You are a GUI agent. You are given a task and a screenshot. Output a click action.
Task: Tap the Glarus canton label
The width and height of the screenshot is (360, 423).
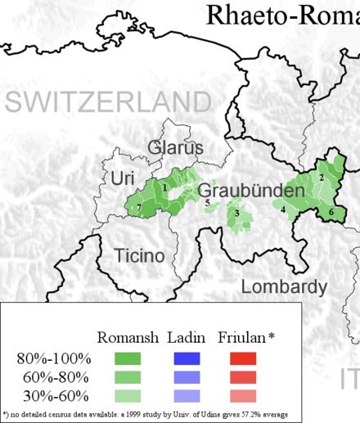tap(175, 148)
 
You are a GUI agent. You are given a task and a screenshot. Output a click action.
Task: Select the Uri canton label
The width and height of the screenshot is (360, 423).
tap(122, 178)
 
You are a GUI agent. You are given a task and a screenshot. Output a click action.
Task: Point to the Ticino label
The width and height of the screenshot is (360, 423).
tap(139, 255)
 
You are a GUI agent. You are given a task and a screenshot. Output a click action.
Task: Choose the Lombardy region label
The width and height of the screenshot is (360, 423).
tap(284, 287)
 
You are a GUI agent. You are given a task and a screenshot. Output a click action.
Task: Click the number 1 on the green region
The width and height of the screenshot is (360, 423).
tap(166, 188)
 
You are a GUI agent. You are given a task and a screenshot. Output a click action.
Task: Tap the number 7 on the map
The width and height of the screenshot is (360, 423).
tap(139, 209)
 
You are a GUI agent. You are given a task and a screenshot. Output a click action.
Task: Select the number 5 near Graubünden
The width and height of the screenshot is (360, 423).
tap(207, 202)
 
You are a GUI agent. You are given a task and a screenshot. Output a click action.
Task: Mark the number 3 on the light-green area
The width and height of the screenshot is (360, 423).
tap(237, 214)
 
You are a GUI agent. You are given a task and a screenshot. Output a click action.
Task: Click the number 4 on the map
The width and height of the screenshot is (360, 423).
tap(283, 210)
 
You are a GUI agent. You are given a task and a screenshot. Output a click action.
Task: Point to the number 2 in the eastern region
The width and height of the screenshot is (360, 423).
tap(322, 178)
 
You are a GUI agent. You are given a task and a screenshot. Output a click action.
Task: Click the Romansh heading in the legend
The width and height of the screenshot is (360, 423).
tap(127, 338)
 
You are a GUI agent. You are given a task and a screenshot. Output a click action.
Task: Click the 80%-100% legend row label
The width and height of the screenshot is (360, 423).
tap(53, 358)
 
